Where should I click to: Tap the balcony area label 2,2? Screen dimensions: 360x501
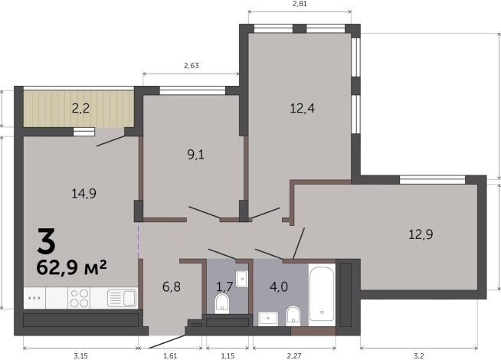point(81,108)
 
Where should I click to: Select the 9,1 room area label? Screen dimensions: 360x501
point(195,154)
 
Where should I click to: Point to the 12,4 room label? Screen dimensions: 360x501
point(303,108)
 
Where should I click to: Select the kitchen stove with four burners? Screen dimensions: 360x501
point(79,297)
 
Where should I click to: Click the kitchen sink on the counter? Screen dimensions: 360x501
point(121,297)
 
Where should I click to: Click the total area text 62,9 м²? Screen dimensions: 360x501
point(71,267)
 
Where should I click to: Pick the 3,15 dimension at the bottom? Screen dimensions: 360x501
point(80,354)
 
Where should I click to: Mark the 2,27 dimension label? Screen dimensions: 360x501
point(294,354)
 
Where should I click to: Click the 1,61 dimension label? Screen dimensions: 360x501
point(169,354)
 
